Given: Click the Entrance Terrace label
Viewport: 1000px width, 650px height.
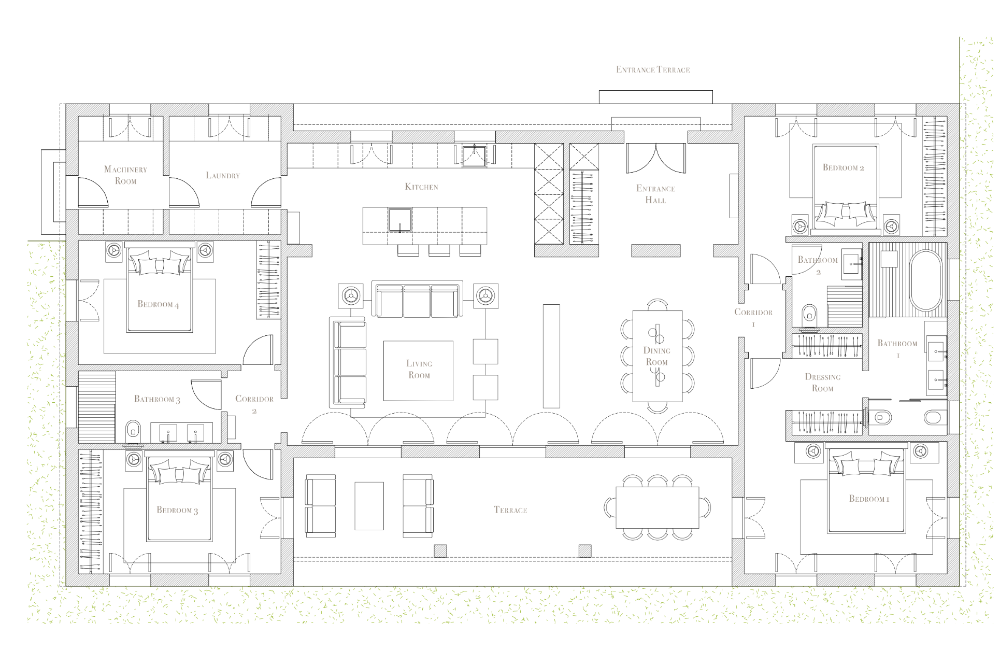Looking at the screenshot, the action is [653, 69].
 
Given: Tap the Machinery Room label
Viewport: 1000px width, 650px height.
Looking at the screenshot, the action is [126, 175].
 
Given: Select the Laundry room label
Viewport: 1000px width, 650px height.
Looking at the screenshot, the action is [223, 175].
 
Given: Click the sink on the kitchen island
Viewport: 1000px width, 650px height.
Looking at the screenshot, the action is [400, 220].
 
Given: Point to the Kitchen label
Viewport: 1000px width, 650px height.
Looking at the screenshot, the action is [421, 187].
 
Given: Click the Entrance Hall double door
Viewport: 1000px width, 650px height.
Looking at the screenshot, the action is [655, 159].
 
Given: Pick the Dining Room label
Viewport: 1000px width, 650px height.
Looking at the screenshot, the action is [656, 356].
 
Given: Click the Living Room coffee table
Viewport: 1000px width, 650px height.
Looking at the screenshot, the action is [418, 371].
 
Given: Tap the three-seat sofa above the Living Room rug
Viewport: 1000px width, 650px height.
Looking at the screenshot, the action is [417, 300].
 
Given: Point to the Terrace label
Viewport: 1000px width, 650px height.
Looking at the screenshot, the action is [510, 510].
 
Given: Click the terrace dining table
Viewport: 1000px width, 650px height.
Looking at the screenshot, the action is [657, 507].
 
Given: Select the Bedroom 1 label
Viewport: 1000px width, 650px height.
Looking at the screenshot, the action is [869, 499].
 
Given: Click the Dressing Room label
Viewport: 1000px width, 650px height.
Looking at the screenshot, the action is [823, 383].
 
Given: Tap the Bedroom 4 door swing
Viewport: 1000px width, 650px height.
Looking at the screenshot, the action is [258, 349].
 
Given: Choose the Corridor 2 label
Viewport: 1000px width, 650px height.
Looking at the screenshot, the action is [254, 404].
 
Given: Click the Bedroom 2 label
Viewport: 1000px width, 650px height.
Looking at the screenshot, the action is [843, 167].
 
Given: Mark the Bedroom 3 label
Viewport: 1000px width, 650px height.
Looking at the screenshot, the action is [177, 510].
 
